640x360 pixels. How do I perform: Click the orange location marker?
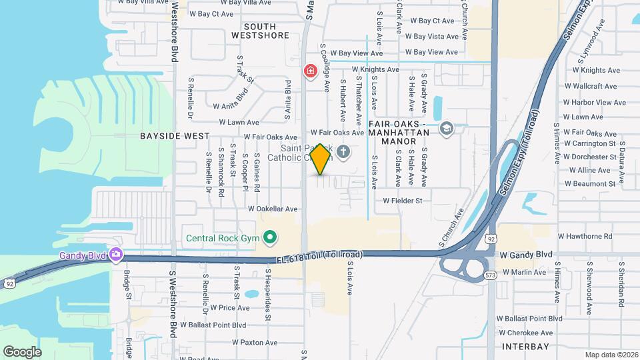pyautogui.click(x=321, y=159)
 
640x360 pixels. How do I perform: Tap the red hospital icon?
pyautogui.click(x=310, y=71)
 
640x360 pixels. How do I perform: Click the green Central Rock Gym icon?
pyautogui.click(x=270, y=237)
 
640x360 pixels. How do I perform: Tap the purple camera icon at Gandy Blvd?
pyautogui.click(x=116, y=254)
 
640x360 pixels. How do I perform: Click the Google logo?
pyautogui.click(x=22, y=351)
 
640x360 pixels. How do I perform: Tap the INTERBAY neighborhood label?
pyautogui.click(x=525, y=347)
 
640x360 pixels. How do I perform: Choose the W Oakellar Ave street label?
pyautogui.click(x=272, y=208)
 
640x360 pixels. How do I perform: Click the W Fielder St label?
pyautogui.click(x=402, y=200)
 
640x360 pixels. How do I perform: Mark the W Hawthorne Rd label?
pyautogui.click(x=585, y=236)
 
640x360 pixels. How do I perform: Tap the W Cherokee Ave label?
pyautogui.click(x=528, y=333)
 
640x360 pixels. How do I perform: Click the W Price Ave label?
pyautogui.click(x=229, y=307)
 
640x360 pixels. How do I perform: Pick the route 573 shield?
pyautogui.click(x=491, y=274)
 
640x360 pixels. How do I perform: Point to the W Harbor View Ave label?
pyautogui.click(x=594, y=103)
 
